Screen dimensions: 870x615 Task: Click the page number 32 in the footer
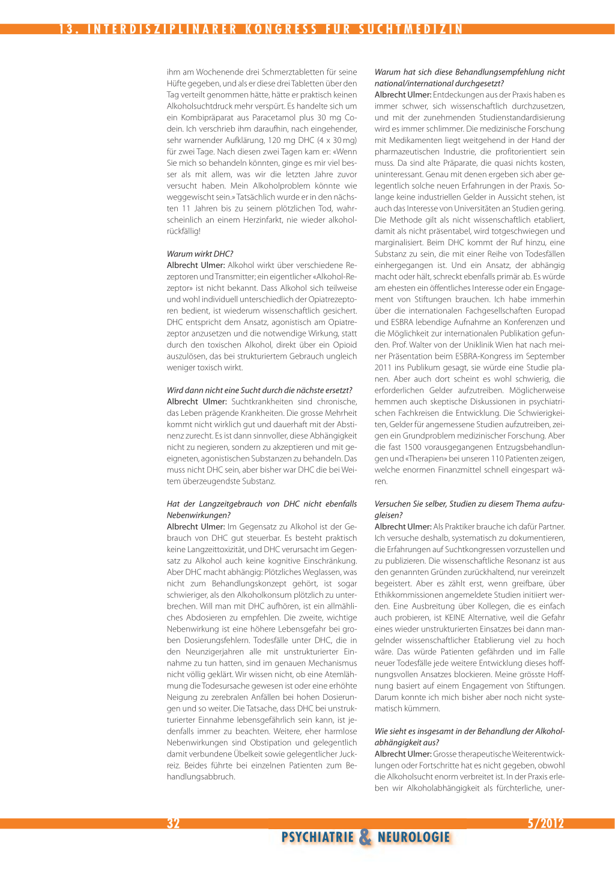coord(173,823)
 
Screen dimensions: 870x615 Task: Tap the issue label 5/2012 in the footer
coord(545,823)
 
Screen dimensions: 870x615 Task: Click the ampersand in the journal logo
coord(365,837)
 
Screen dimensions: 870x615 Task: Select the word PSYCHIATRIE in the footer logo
coord(318,837)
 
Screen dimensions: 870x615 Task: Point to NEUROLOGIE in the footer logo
coord(414,837)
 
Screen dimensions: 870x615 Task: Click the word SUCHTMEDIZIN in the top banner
coord(411,29)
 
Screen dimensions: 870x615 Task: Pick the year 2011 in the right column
coord(384,367)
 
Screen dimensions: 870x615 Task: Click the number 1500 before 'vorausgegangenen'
coord(413,446)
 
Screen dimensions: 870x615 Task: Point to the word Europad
coord(550,311)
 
